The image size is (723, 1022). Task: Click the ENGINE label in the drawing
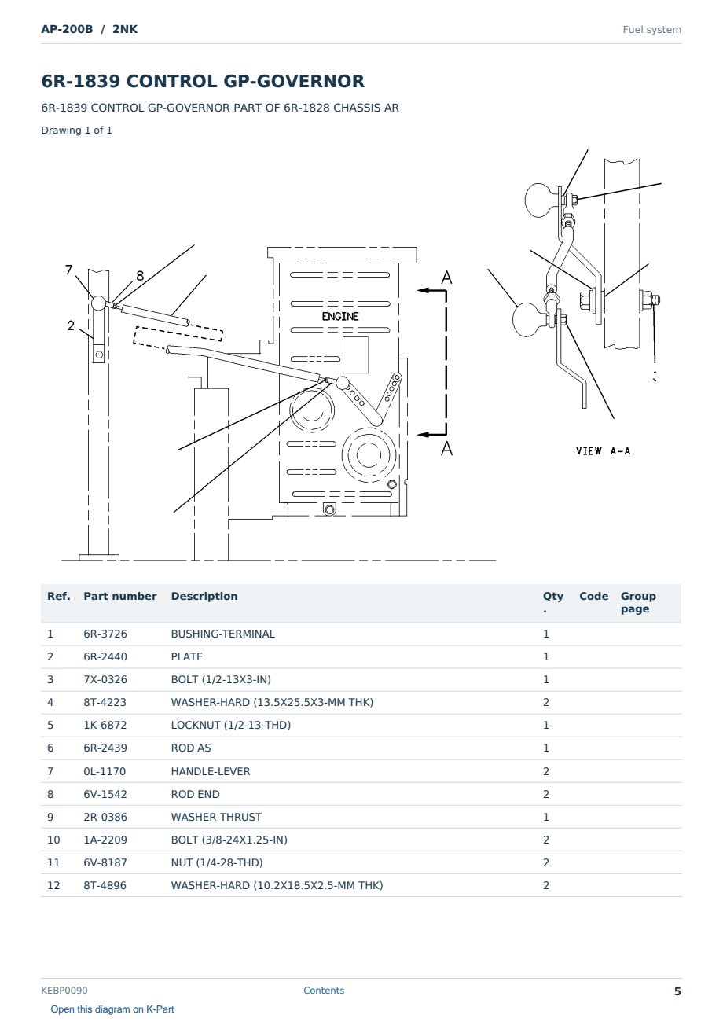[339, 317]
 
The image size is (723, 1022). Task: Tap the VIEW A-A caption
[603, 451]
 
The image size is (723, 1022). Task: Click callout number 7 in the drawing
[68, 270]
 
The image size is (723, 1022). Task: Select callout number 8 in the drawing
[140, 276]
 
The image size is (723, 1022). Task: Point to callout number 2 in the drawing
[71, 325]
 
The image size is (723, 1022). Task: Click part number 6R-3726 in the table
[105, 634]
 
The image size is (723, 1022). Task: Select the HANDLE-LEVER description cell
[211, 771]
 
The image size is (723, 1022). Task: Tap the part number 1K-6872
[105, 725]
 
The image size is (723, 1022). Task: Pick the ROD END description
[195, 794]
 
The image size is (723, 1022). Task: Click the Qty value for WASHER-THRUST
[546, 817]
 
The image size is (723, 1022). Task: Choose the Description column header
[204, 596]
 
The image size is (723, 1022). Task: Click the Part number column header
[120, 596]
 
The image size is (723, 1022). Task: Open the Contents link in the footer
[324, 990]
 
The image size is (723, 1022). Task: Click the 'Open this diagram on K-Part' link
[112, 1009]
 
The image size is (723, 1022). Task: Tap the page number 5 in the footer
[677, 991]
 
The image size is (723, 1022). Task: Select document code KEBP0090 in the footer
[64, 990]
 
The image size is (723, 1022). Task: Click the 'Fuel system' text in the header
[651, 30]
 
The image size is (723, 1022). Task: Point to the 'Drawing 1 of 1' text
[77, 130]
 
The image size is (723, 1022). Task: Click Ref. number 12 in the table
[53, 885]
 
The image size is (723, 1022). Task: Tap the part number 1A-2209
[105, 840]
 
